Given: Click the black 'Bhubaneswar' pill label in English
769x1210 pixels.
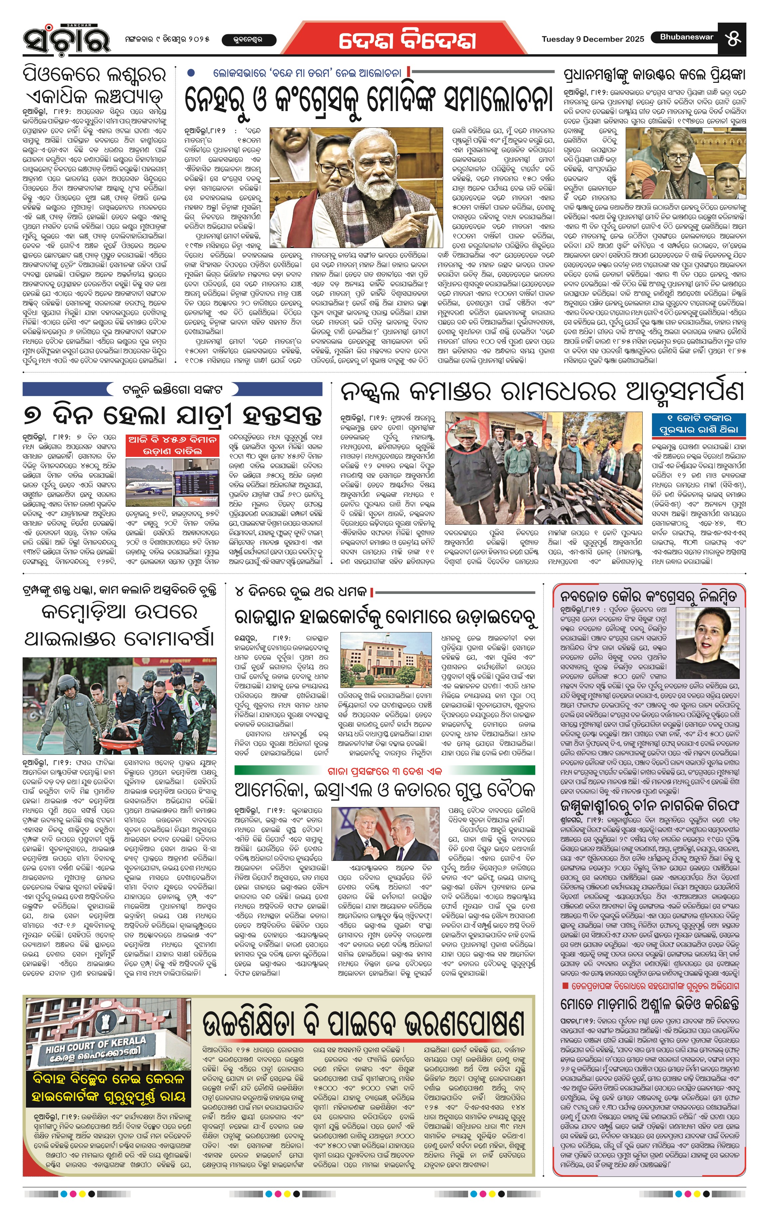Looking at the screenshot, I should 686,37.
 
